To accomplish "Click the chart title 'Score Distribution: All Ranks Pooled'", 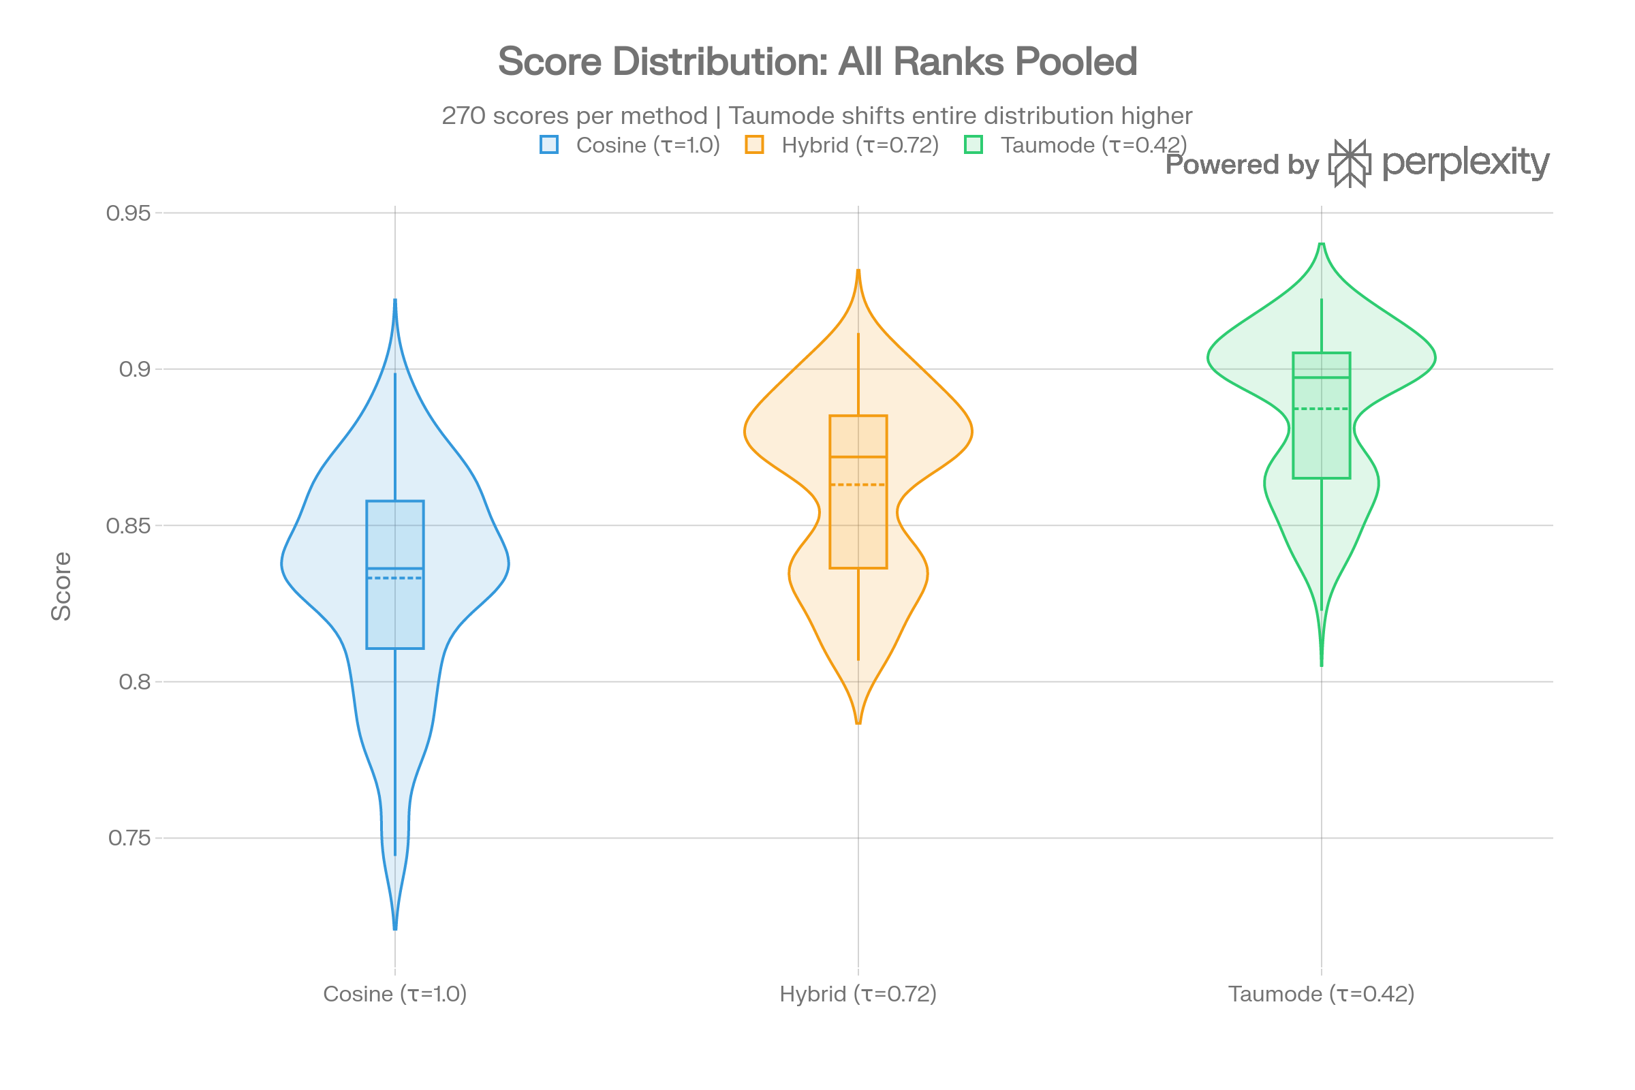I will pyautogui.click(x=817, y=61).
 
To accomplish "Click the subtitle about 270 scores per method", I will pyautogui.click(x=817, y=115).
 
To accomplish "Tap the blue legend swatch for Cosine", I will pyautogui.click(x=549, y=144).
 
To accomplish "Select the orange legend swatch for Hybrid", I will pyautogui.click(x=754, y=144).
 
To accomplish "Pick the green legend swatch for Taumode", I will pyautogui.click(x=974, y=144).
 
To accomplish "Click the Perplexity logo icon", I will pyautogui.click(x=1350, y=163).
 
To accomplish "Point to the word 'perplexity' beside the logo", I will pyautogui.click(x=1465, y=163).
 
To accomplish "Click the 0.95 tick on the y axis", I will pyautogui.click(x=129, y=213).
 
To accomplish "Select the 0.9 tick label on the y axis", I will pyautogui.click(x=135, y=369).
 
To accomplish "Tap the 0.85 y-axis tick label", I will pyautogui.click(x=129, y=525).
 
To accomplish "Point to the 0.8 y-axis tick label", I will pyautogui.click(x=135, y=682).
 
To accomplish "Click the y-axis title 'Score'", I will pyautogui.click(x=62, y=586).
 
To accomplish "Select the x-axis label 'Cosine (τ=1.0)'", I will pyautogui.click(x=395, y=994).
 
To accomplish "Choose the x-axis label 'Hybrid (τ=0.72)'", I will pyautogui.click(x=858, y=994).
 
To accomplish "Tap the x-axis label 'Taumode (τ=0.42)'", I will pyautogui.click(x=1321, y=994).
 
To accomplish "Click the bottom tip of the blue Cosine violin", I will pyautogui.click(x=395, y=928).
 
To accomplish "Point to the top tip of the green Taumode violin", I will pyautogui.click(x=1322, y=245).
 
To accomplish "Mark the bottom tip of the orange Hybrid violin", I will pyautogui.click(x=858, y=723).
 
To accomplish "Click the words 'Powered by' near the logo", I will pyautogui.click(x=1241, y=165).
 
